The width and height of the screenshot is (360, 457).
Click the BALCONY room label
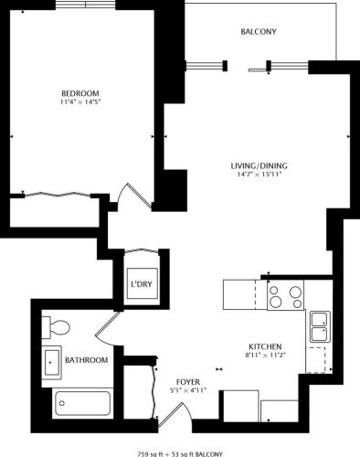(x=259, y=32)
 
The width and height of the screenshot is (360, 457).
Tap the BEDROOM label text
(x=80, y=93)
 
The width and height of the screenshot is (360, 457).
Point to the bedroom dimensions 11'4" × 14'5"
(x=80, y=102)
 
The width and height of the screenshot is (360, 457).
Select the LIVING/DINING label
(x=259, y=165)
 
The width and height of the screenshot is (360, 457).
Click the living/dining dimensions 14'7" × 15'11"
(x=259, y=175)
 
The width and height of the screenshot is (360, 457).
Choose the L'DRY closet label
(x=142, y=284)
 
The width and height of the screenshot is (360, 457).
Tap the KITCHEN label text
(x=262, y=346)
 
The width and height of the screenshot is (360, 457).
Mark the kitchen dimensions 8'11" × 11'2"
(x=262, y=356)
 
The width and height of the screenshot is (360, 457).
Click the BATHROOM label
(x=88, y=360)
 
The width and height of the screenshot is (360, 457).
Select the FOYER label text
(x=187, y=380)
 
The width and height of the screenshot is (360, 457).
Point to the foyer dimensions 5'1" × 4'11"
(x=187, y=390)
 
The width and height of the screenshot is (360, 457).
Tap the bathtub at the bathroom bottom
(x=82, y=401)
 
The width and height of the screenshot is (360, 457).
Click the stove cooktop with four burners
(x=285, y=296)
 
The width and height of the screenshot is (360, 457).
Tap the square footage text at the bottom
(x=180, y=452)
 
